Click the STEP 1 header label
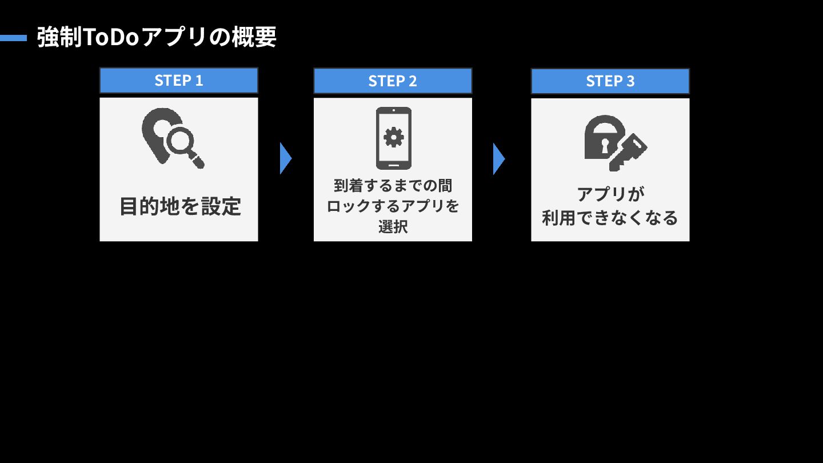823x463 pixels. pyautogui.click(x=179, y=81)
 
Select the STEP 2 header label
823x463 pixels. pyautogui.click(x=393, y=81)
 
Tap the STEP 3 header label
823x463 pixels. pyautogui.click(x=610, y=81)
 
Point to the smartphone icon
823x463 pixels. pyautogui.click(x=393, y=138)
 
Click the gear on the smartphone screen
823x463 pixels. pyautogui.click(x=393, y=137)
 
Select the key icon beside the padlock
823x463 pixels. pyautogui.click(x=628, y=151)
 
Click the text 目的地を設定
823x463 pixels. pyautogui.click(x=179, y=206)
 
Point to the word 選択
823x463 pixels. pyautogui.click(x=393, y=226)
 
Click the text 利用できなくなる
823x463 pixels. pyautogui.click(x=610, y=218)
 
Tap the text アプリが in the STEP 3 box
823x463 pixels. pyautogui.click(x=610, y=194)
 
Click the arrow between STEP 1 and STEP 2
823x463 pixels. pyautogui.click(x=285, y=158)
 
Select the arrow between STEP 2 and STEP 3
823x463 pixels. pyautogui.click(x=498, y=158)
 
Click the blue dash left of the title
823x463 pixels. pyautogui.click(x=13, y=38)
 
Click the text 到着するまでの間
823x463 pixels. pyautogui.click(x=393, y=186)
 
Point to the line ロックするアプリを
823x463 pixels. pyautogui.click(x=393, y=206)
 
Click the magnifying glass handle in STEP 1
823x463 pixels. pyautogui.click(x=197, y=161)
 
